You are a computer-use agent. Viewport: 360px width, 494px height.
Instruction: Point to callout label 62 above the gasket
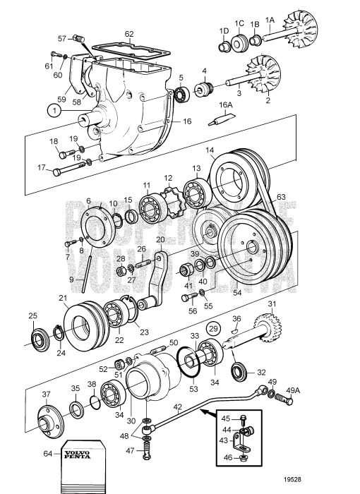point(129,33)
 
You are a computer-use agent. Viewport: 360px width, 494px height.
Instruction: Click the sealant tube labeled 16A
point(224,121)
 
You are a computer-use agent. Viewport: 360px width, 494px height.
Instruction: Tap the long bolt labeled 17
point(64,171)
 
